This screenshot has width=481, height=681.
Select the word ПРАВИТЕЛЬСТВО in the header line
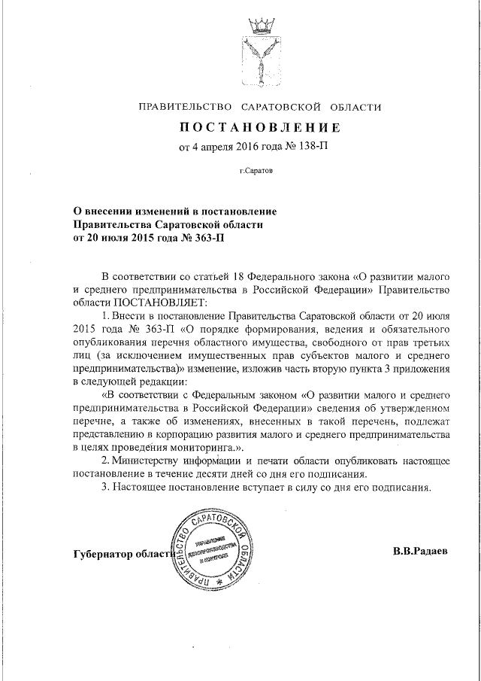click(185, 107)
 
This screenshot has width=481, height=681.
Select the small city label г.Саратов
click(256, 171)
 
